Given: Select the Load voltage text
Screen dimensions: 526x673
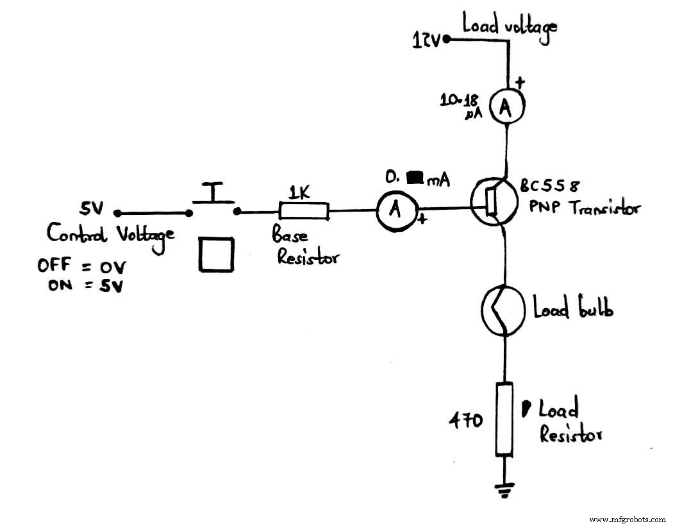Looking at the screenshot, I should [x=509, y=26].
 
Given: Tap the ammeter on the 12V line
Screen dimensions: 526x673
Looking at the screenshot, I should [x=505, y=108].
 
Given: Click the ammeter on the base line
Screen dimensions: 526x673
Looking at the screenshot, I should [x=396, y=210].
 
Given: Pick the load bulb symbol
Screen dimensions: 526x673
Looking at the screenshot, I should [x=504, y=309].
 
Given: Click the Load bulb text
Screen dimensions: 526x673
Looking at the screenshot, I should [x=573, y=309].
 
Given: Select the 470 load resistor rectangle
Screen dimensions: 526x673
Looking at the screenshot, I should [x=505, y=418].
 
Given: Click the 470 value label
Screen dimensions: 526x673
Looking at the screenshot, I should [x=464, y=421].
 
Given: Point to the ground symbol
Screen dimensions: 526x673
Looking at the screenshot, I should [x=505, y=491].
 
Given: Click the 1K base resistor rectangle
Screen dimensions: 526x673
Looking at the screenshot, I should [x=303, y=210].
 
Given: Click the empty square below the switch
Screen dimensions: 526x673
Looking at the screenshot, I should [x=215, y=254].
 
